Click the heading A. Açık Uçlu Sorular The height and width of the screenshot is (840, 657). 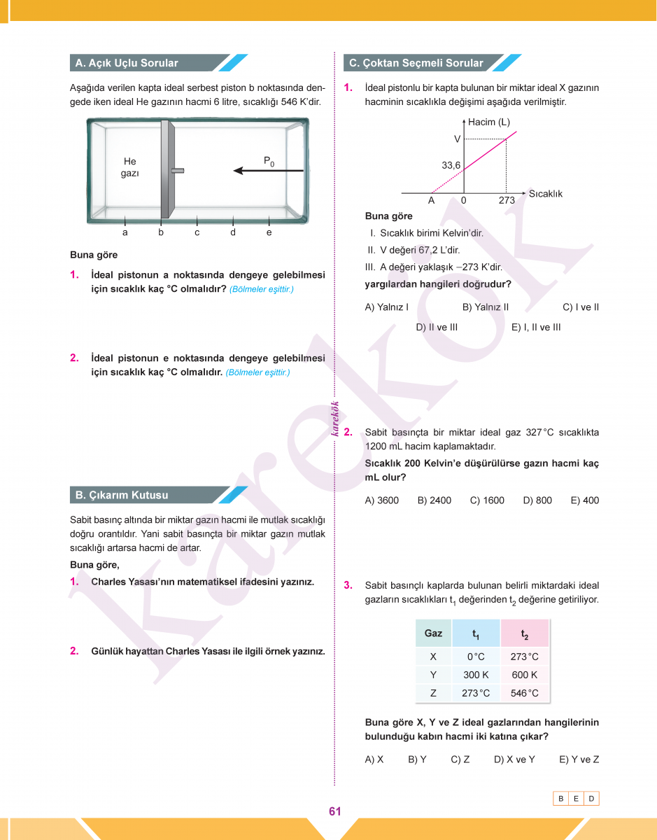coord(127,63)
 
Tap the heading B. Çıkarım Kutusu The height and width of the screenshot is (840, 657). coord(122,495)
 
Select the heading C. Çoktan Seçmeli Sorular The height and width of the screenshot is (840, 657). coord(416,63)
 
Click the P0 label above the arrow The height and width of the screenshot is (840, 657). coord(269,162)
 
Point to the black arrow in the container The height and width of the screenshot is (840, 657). coord(269,170)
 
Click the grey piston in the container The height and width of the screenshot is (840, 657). coord(166,170)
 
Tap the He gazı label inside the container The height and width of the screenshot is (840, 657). coord(130,167)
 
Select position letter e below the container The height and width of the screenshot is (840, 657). coord(269,232)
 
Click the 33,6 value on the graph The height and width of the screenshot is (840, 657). coord(451,165)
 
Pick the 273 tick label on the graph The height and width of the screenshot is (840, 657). coord(507,200)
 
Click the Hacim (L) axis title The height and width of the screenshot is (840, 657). coord(489,122)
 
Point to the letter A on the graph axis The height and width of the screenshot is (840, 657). coord(432,200)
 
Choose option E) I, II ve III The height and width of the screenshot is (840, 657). coord(536,327)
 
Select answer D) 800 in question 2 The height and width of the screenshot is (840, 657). coord(537,500)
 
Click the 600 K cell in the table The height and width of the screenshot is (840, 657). coord(525,675)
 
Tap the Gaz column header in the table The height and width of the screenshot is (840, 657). coord(433,633)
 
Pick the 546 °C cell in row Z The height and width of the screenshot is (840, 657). coord(525,693)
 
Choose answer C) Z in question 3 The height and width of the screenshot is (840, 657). coord(460,759)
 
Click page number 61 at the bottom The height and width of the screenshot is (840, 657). coord(334,811)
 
